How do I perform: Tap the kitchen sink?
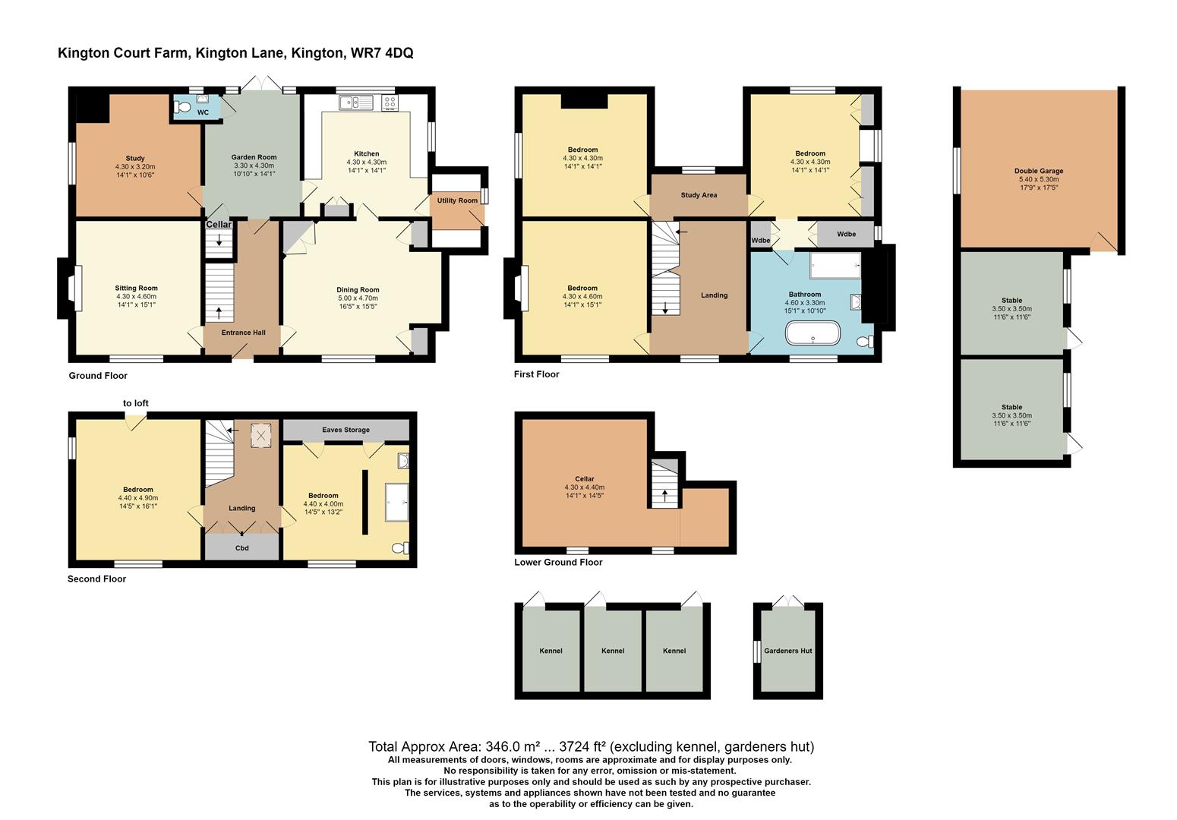click(355, 102)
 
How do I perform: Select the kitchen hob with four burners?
click(390, 102)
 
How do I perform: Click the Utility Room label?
click(457, 200)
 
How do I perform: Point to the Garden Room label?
click(254, 157)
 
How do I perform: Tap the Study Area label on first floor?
click(699, 195)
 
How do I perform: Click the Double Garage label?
click(1038, 171)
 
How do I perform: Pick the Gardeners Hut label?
click(787, 651)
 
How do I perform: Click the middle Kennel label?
click(612, 651)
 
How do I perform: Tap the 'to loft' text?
click(136, 403)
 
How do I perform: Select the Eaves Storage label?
click(346, 430)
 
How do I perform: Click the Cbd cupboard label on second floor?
click(241, 547)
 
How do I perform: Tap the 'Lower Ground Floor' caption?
click(558, 563)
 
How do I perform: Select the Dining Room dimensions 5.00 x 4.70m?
click(358, 298)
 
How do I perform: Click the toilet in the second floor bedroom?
click(399, 548)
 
